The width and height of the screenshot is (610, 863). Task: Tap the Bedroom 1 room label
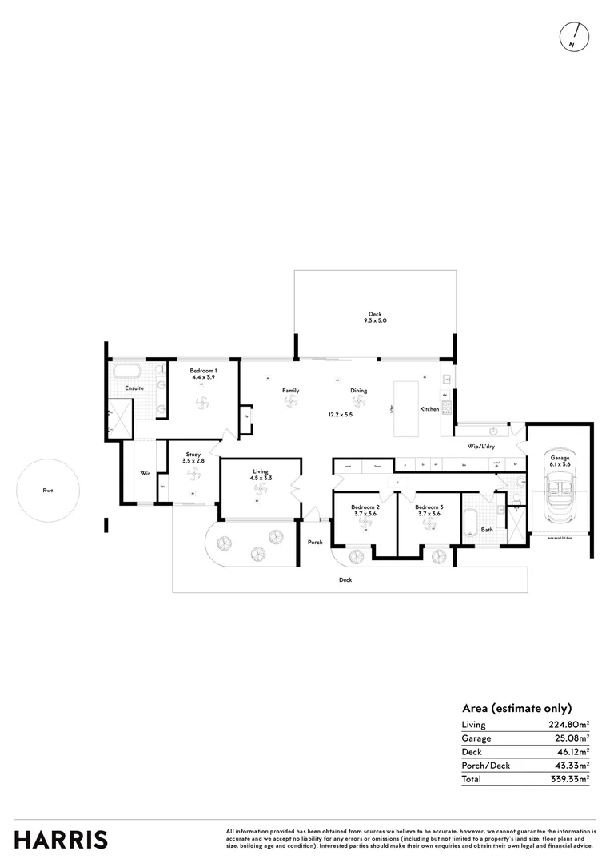click(x=203, y=372)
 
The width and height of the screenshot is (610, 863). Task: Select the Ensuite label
click(x=134, y=388)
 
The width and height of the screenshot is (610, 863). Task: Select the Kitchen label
click(x=429, y=409)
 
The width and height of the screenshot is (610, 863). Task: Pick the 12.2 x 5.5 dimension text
click(x=339, y=415)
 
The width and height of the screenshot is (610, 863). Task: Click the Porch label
click(x=315, y=543)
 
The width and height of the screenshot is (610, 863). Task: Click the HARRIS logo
click(x=61, y=840)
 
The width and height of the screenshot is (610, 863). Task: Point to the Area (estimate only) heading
click(x=516, y=708)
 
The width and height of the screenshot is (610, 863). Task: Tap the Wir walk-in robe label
click(x=145, y=474)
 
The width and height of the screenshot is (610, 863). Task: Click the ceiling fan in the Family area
click(x=290, y=403)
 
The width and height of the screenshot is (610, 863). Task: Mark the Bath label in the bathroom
click(x=486, y=529)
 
